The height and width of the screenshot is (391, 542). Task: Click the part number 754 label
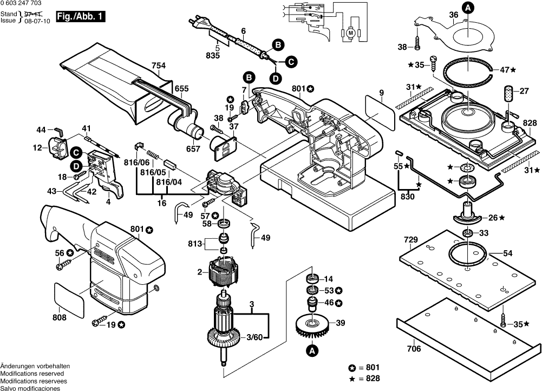coord(159,66)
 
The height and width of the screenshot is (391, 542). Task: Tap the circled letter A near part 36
coord(468,8)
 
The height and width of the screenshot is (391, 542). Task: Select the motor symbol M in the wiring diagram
coord(350,33)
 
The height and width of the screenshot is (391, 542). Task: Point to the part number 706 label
coord(413,349)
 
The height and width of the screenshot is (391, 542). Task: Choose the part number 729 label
coord(411,239)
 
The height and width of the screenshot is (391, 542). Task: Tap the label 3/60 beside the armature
coord(254,337)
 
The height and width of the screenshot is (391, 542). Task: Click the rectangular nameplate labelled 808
coord(69,299)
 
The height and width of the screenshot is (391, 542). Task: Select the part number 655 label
coord(181,88)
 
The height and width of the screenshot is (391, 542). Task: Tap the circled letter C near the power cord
coord(290,62)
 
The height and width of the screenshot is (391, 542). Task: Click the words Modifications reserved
coord(32,374)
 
